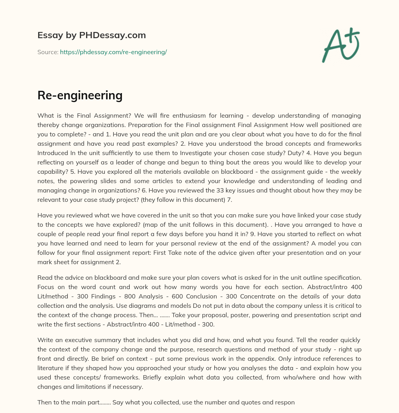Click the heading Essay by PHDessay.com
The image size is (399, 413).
click(92, 35)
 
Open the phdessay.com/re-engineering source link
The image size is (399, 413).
click(113, 52)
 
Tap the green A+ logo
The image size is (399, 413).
click(340, 45)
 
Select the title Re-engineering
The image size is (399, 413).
click(80, 95)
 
